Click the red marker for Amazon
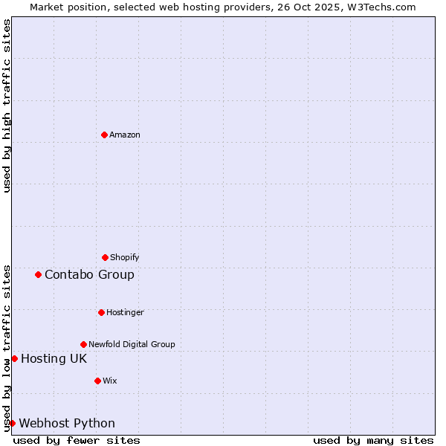pyautogui.click(x=105, y=135)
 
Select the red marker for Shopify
pyautogui.click(x=105, y=257)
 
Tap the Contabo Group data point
pyautogui.click(x=38, y=274)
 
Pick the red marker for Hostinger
pyautogui.click(x=101, y=312)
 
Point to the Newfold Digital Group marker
pyautogui.click(x=83, y=344)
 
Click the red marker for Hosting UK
pyautogui.click(x=14, y=358)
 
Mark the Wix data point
pyautogui.click(x=97, y=381)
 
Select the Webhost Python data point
pyautogui.click(x=12, y=423)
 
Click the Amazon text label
pyautogui.click(x=125, y=135)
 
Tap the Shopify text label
pyautogui.click(x=125, y=257)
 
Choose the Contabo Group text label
pyautogui.click(x=89, y=274)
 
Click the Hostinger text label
pyautogui.click(x=125, y=312)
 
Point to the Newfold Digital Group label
pyautogui.click(x=132, y=344)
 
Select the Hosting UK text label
pyautogui.click(x=54, y=358)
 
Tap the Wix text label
pyautogui.click(x=110, y=381)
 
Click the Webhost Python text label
pyautogui.click(x=67, y=423)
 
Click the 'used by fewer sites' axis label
pyautogui.click(x=77, y=440)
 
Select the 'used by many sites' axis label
pyautogui.click(x=373, y=440)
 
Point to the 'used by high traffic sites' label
pyautogui.click(x=7, y=106)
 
